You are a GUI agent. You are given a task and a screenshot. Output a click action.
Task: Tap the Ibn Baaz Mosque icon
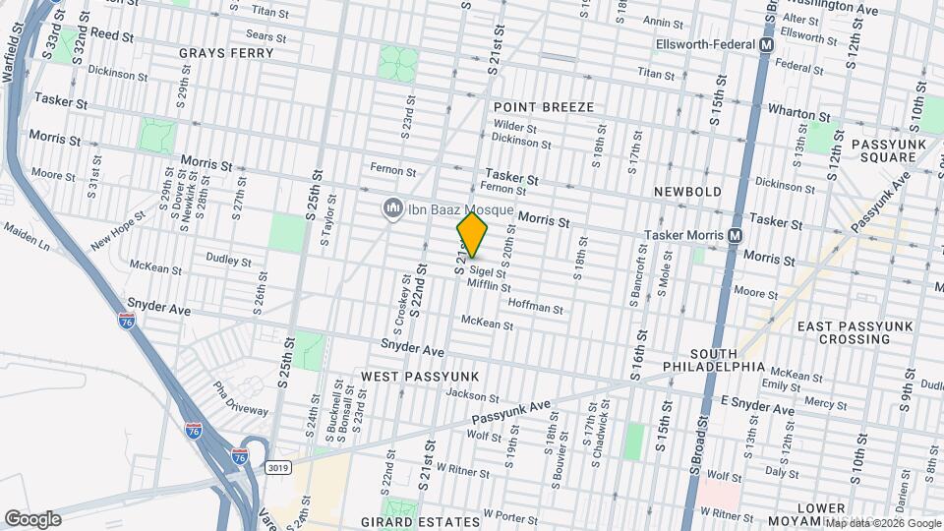pyautogui.click(x=392, y=207)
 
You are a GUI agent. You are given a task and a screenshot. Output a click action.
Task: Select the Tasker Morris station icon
pyautogui.click(x=734, y=236)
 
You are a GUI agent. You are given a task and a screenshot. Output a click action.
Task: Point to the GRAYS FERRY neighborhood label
pyautogui.click(x=219, y=52)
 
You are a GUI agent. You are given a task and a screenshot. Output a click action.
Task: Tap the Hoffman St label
pyautogui.click(x=535, y=308)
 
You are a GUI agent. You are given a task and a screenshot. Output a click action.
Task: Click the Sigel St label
pyautogui.click(x=486, y=270)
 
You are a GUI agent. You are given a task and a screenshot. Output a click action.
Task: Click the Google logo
pyautogui.click(x=32, y=518)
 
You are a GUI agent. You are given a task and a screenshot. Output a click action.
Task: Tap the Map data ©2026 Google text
pyautogui.click(x=882, y=523)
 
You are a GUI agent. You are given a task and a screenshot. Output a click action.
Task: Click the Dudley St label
pyautogui.click(x=228, y=259)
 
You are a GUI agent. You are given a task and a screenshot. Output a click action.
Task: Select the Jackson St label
pyautogui.click(x=472, y=395)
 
